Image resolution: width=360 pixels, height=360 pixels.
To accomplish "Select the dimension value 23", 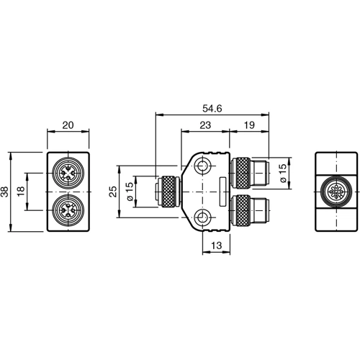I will point(204,125).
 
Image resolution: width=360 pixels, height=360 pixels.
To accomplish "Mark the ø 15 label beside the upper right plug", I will point(282,171).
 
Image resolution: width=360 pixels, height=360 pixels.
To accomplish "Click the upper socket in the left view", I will point(68,173).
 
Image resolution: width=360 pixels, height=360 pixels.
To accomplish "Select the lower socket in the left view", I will point(68,211).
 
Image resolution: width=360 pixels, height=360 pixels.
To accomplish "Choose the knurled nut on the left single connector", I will point(167,192).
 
